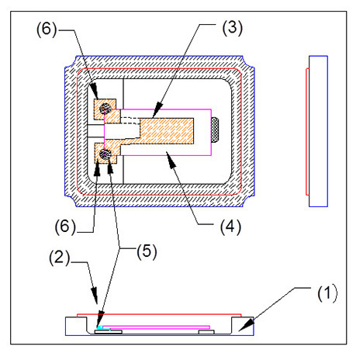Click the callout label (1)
(327, 293)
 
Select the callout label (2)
(60, 258)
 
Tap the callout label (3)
(233, 27)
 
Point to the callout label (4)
(230, 227)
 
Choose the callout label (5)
(147, 251)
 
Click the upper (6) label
(47, 29)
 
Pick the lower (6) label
(65, 227)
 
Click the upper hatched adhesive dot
(105, 109)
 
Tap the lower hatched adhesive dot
(105, 154)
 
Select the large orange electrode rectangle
(167, 131)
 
